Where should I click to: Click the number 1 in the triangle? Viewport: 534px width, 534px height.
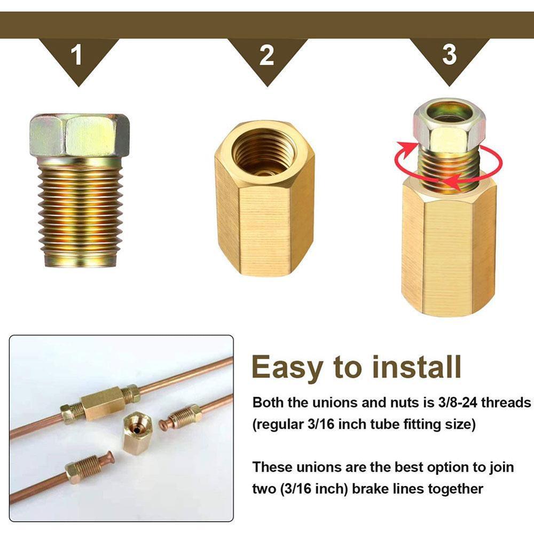pos(77,56)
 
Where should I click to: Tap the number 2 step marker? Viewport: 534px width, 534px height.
pos(266,56)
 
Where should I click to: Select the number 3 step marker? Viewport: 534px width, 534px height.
pos(450,54)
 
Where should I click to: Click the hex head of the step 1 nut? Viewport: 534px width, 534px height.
pos(80,135)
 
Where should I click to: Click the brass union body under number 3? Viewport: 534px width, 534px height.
pos(449,251)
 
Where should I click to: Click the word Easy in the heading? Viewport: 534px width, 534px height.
pos(287,367)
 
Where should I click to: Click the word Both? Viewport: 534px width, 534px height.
pos(268,402)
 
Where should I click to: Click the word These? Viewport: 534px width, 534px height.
pos(272,467)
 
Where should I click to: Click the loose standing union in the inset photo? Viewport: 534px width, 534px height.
pos(137,432)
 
